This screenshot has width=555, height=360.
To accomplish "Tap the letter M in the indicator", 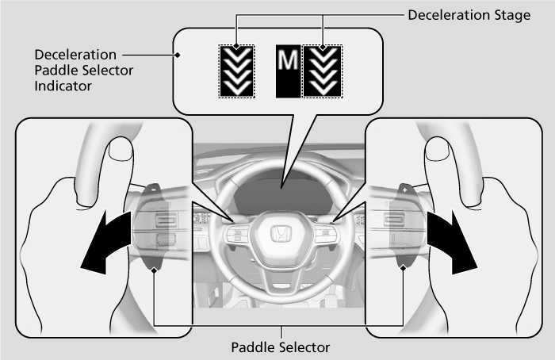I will click(285, 71).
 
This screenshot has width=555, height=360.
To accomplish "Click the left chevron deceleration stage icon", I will click(237, 71).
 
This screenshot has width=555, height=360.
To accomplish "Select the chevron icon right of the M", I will click(322, 71).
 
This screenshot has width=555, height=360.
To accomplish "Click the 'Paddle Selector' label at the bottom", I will click(280, 347).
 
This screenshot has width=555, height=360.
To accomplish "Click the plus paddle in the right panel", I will click(404, 191).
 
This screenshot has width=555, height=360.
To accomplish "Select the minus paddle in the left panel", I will click(153, 191).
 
